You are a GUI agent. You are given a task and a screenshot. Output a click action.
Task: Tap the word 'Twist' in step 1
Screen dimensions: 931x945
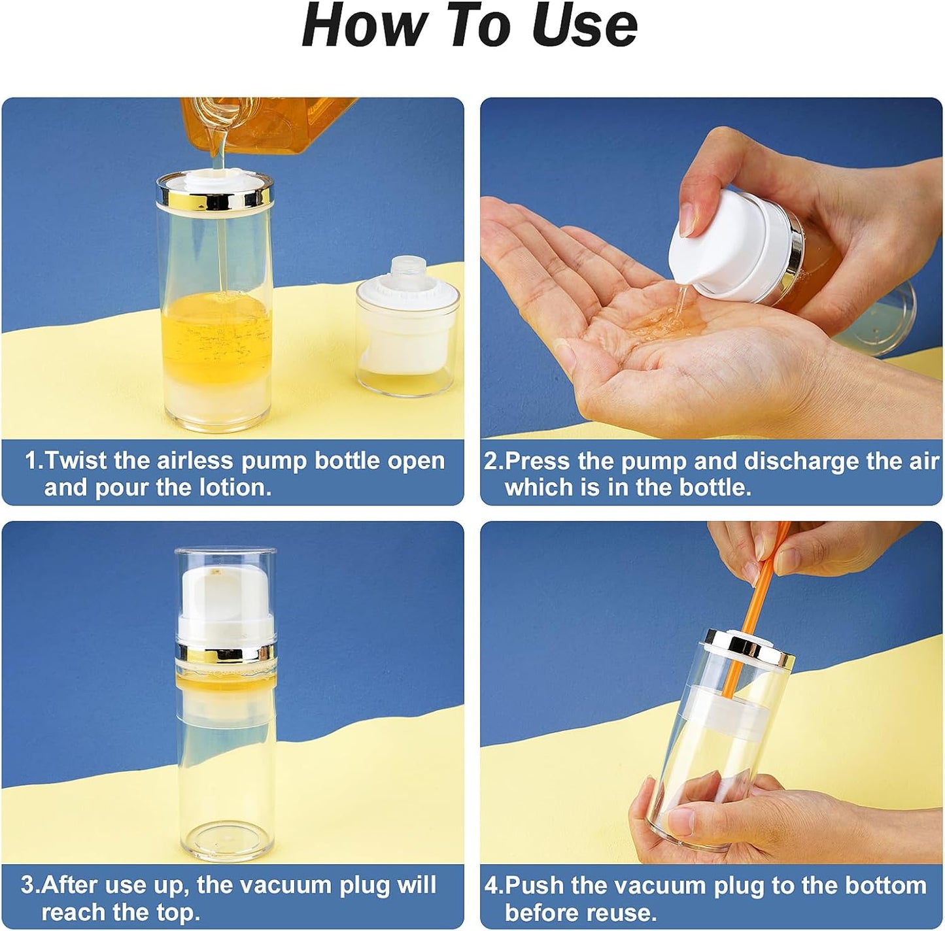pos(75,461)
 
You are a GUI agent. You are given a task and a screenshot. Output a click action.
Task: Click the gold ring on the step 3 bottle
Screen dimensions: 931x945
pos(226,652)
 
